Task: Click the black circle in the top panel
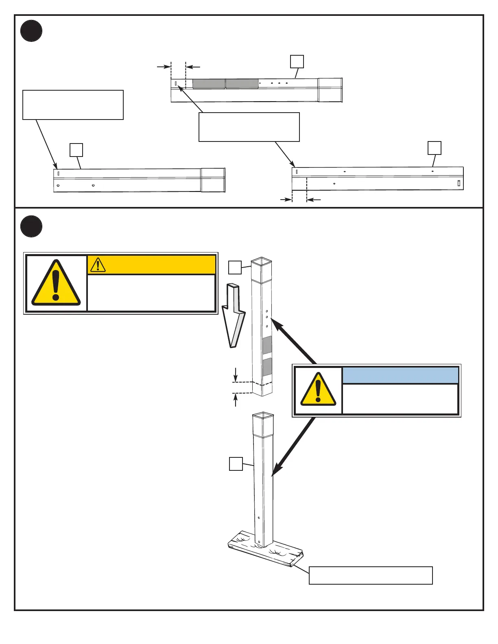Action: [x=31, y=31]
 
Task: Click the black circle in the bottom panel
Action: [x=31, y=227]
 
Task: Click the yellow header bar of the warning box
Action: [x=151, y=265]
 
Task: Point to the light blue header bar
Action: [x=400, y=375]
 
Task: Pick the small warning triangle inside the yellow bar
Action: [x=98, y=265]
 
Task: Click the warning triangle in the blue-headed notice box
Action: [x=318, y=390]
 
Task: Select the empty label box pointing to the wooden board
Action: [x=371, y=575]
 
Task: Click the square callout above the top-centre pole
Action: [x=297, y=62]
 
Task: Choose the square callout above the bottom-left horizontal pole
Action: [x=76, y=150]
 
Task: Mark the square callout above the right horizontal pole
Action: [x=435, y=148]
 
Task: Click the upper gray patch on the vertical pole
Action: [x=267, y=345]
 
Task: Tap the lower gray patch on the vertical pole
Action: [x=267, y=367]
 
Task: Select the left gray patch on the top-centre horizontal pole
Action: [x=209, y=84]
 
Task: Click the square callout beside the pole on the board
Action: [x=236, y=464]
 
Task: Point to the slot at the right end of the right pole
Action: [x=459, y=183]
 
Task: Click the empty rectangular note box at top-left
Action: [x=73, y=105]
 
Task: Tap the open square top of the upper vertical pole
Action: [x=261, y=261]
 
